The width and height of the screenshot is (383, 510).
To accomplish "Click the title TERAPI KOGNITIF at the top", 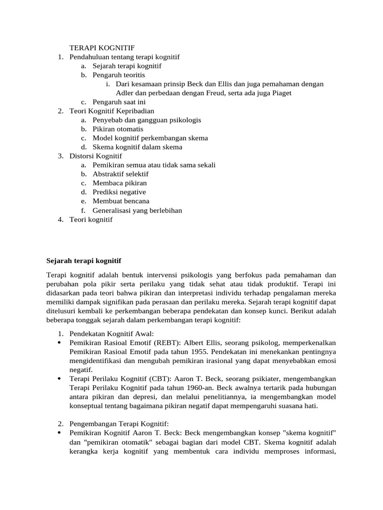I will [102, 48].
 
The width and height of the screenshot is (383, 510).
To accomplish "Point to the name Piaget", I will [280, 93].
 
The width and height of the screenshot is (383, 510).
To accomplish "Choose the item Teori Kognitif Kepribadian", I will [112, 111].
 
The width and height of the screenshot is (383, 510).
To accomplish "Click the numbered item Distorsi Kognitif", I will [96, 156].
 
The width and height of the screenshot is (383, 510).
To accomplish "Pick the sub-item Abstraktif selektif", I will [120, 174].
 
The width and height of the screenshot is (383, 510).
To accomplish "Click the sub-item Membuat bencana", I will [121, 201].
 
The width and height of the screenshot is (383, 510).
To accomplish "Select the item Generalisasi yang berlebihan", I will [137, 210].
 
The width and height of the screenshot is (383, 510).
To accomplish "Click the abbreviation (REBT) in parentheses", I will [154, 343].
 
